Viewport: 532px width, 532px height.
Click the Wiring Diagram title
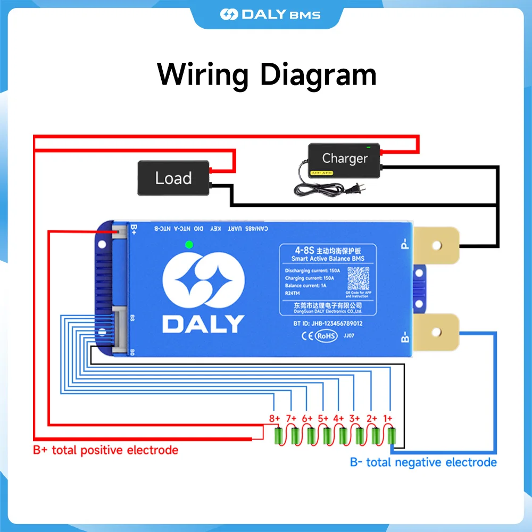pyautogui.click(x=267, y=74)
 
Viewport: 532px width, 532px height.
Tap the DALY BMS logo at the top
pyautogui.click(x=270, y=14)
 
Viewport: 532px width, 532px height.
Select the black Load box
pyautogui.click(x=173, y=178)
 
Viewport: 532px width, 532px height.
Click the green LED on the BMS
pyautogui.click(x=188, y=245)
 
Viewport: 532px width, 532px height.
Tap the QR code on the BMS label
pyautogui.click(x=358, y=278)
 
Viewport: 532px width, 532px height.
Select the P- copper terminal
pyautogui.click(x=436, y=245)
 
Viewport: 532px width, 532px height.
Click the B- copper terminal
pyautogui.click(x=436, y=333)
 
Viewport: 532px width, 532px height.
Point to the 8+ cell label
pyautogui.click(x=275, y=419)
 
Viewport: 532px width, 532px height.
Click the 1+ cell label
pyautogui.click(x=388, y=419)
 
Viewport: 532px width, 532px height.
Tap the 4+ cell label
pyautogui.click(x=339, y=419)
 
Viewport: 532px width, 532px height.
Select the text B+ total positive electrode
pyautogui.click(x=105, y=450)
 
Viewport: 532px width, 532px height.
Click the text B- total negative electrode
pyautogui.click(x=423, y=462)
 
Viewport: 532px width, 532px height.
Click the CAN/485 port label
pyautogui.click(x=255, y=229)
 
